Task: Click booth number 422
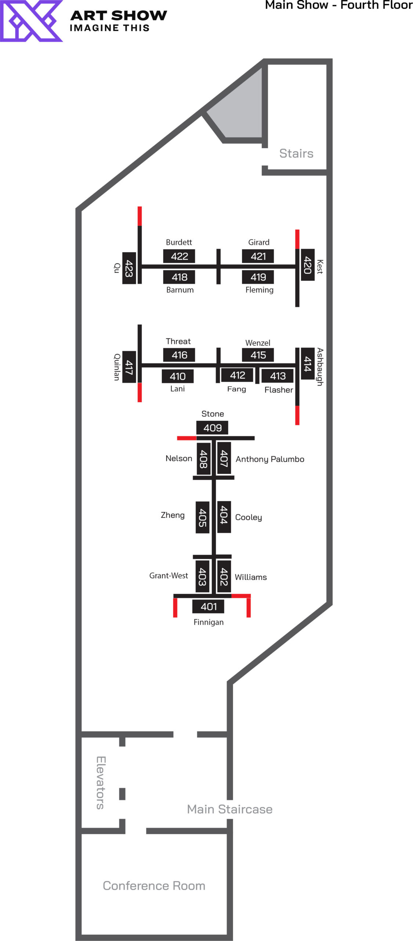coord(179,256)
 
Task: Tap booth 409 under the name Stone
coord(212,427)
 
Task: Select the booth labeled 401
coord(208,606)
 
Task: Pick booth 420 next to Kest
coord(307,265)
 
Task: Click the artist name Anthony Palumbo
coord(270,459)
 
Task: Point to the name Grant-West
coord(169,575)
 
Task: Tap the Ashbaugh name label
coord(320,366)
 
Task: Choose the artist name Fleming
coord(259,290)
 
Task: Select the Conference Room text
coord(154,885)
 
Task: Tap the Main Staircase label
coord(229,809)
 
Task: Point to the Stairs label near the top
coord(296,153)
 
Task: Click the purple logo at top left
coord(31,21)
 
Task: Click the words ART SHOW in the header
coord(119,15)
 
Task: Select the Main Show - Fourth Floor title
coord(338,5)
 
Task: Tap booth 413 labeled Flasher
coord(278,376)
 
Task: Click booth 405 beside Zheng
coord(202,517)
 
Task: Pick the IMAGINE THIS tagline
coord(109,28)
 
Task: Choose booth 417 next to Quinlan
coord(128,367)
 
